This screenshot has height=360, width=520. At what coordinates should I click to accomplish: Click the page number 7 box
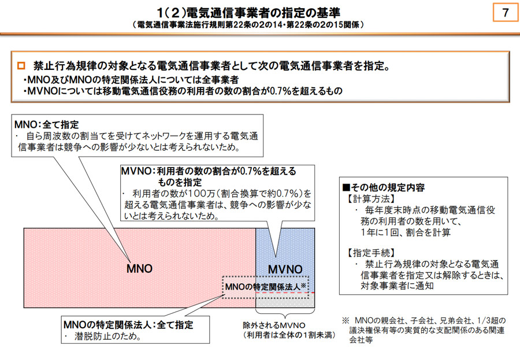point(506,13)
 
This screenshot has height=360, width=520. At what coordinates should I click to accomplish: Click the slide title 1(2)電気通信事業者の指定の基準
point(248,13)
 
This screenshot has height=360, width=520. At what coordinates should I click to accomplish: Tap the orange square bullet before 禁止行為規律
point(21,66)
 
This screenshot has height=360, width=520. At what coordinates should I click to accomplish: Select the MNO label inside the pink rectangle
point(139,269)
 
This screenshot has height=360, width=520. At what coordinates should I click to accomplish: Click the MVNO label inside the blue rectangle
point(285,269)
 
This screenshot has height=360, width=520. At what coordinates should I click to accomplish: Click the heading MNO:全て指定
point(47,125)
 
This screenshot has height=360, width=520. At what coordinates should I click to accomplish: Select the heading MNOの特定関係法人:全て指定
point(128,325)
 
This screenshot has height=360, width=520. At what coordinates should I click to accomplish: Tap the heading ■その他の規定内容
point(384,187)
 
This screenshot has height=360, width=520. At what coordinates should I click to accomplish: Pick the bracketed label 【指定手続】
point(370,253)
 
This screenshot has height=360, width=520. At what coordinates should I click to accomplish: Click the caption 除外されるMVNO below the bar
point(274,325)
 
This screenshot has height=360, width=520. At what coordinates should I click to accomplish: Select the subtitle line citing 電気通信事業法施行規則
point(248,25)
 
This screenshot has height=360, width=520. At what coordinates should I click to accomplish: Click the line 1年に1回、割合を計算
point(406,232)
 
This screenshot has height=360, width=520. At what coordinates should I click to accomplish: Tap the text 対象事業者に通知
point(397,285)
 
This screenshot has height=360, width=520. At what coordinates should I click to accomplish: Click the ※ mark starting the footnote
point(346,321)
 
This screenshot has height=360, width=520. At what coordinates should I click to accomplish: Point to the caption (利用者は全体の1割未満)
point(289,335)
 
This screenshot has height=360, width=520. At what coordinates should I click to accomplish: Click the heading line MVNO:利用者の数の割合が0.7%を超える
point(209,171)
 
